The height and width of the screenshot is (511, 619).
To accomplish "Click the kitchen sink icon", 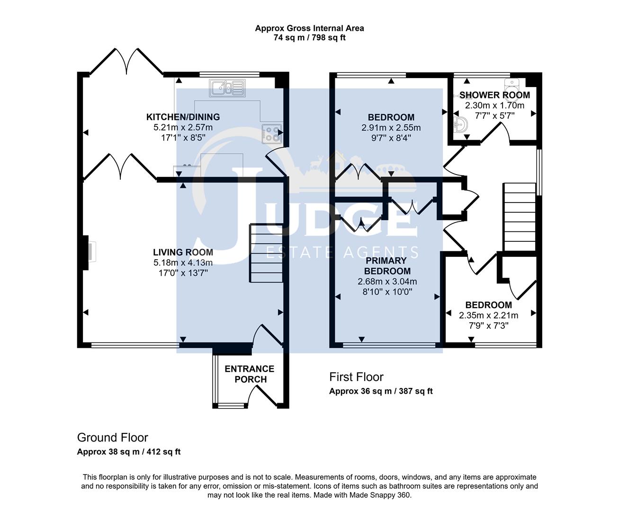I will [x=228, y=88].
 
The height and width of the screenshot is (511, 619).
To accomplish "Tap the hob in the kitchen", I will [x=271, y=133].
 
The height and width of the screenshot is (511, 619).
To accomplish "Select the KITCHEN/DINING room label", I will [x=183, y=117].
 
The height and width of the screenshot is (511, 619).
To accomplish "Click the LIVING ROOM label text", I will [x=183, y=252].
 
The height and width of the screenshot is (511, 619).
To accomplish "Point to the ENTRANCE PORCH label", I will [x=250, y=374].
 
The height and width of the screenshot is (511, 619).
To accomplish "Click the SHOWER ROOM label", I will [x=494, y=95].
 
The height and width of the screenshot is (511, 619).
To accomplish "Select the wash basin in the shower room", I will [x=459, y=125].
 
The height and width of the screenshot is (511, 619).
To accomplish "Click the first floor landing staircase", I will [x=519, y=217].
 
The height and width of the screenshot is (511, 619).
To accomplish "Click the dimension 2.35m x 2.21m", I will [x=488, y=316].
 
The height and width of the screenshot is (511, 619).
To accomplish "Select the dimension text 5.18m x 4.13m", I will [x=183, y=263].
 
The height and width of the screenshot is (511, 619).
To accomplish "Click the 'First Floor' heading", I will [x=356, y=377].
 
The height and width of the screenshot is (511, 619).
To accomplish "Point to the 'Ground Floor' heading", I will [x=112, y=438].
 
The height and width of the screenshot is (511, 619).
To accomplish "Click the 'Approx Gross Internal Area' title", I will [x=309, y=28].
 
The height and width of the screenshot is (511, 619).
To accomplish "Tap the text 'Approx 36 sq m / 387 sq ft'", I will [x=381, y=391].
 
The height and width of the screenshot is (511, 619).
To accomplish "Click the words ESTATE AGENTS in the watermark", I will [x=342, y=252].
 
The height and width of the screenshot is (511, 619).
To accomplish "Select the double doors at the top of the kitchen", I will [x=126, y=62].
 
